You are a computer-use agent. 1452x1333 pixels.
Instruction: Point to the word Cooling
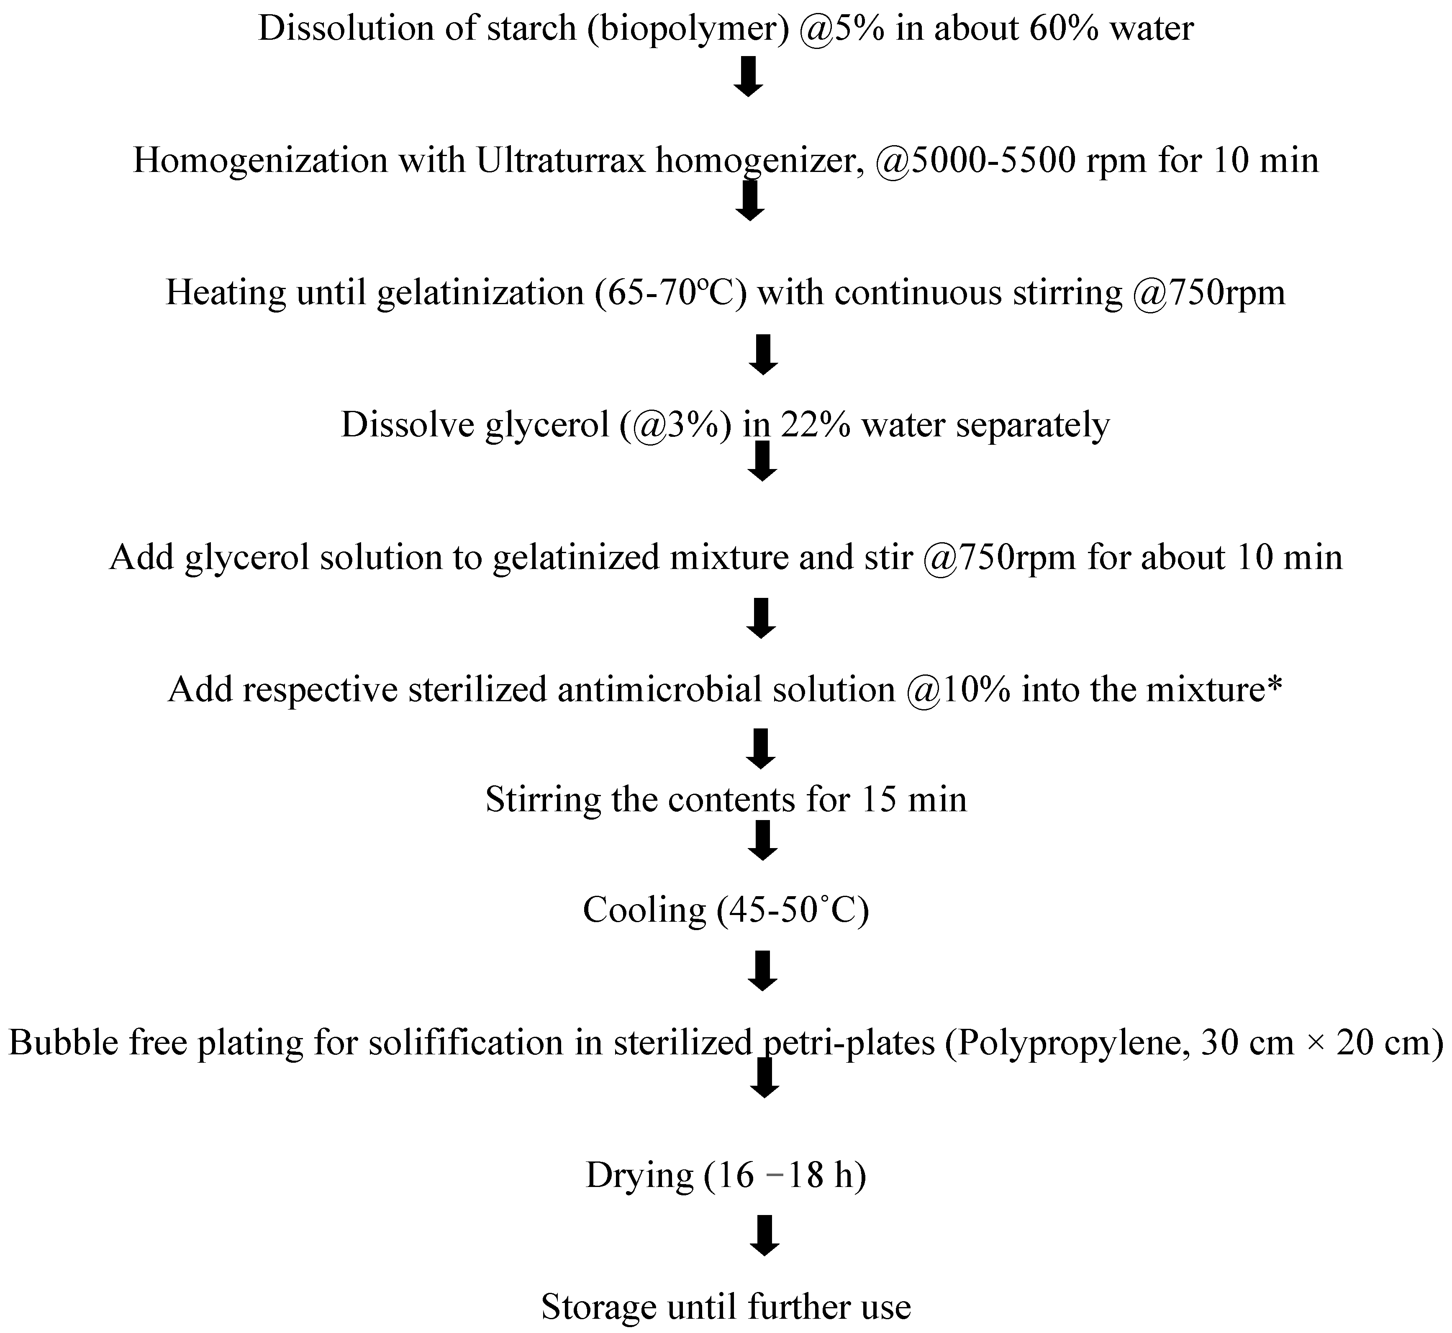(x=644, y=910)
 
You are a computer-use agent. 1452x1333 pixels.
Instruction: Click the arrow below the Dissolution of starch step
(x=748, y=77)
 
